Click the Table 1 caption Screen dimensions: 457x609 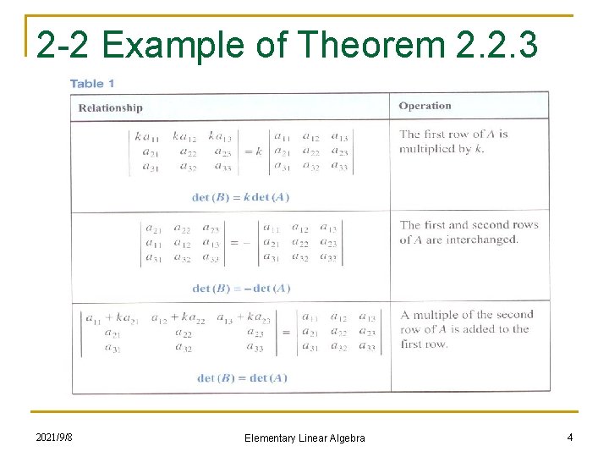pyautogui.click(x=92, y=84)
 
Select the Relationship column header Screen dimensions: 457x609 pyautogui.click(x=111, y=107)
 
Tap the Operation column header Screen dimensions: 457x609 pyautogui.click(x=425, y=106)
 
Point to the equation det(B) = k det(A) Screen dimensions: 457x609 pyautogui.click(x=241, y=197)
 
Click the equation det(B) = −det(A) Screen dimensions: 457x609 pyautogui.click(x=242, y=289)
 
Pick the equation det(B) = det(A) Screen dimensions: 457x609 pyautogui.click(x=242, y=378)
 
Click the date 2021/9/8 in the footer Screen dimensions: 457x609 pyautogui.click(x=54, y=437)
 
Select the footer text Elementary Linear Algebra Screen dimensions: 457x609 pyautogui.click(x=304, y=438)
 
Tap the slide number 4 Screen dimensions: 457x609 pyautogui.click(x=570, y=437)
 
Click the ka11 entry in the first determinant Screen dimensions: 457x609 pyautogui.click(x=147, y=135)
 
